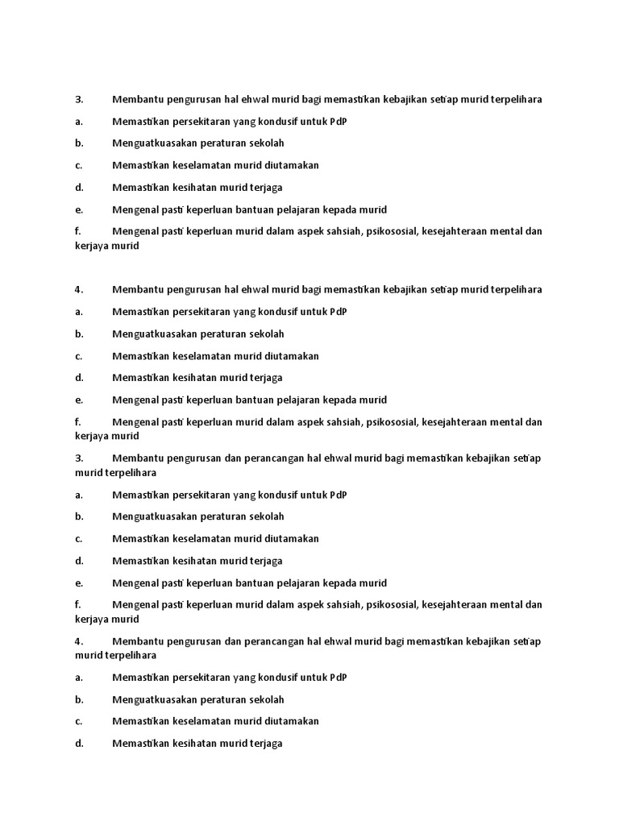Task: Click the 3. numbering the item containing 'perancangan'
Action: pyautogui.click(x=79, y=458)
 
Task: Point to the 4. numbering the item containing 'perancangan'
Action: pyautogui.click(x=79, y=641)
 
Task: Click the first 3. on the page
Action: pyautogui.click(x=79, y=99)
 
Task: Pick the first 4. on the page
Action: pyautogui.click(x=79, y=289)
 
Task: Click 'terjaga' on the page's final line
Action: pyautogui.click(x=266, y=744)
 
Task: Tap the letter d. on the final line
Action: pyautogui.click(x=79, y=744)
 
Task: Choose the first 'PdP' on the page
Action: pyautogui.click(x=339, y=121)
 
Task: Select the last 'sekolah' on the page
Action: pyautogui.click(x=267, y=699)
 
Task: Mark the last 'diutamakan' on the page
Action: pyautogui.click(x=293, y=721)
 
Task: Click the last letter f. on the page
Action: pyautogui.click(x=78, y=604)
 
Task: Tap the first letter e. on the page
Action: pyautogui.click(x=79, y=209)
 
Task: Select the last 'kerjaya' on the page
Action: pyautogui.click(x=91, y=620)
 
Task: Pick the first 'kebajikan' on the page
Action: pyautogui.click(x=405, y=99)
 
